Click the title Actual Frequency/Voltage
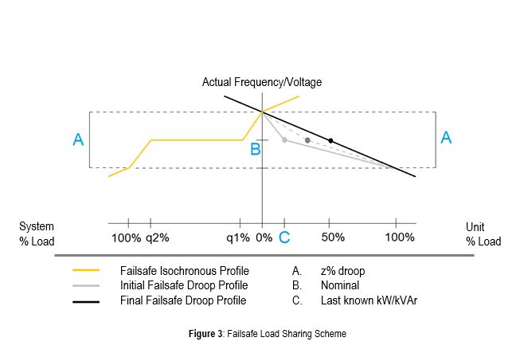[x=262, y=82]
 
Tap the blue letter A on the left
[x=78, y=139]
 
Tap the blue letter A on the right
[x=446, y=137]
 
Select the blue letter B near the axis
[x=255, y=148]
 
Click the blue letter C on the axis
[x=284, y=237]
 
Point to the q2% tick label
[x=158, y=237]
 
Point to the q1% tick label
[x=237, y=237]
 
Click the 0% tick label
[x=264, y=237]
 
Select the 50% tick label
[x=333, y=237]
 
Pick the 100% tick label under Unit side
[x=400, y=237]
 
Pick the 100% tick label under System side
[x=126, y=237]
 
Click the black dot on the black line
[x=330, y=141]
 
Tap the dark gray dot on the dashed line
[x=307, y=140]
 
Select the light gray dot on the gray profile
[x=284, y=139]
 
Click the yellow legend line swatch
[x=85, y=270]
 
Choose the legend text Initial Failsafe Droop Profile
[x=183, y=285]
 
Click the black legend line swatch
[x=85, y=301]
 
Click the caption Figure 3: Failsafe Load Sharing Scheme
[x=260, y=334]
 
